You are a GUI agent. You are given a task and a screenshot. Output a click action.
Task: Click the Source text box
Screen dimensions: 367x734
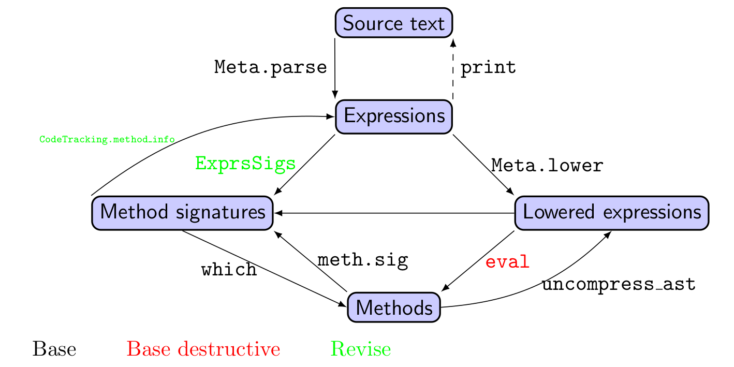tap(394, 23)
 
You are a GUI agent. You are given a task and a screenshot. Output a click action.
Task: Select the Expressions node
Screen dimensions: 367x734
tap(394, 116)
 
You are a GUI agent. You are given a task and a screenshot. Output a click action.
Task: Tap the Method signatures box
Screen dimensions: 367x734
tap(182, 212)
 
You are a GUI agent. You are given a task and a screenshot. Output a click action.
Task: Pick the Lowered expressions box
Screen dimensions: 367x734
tap(611, 212)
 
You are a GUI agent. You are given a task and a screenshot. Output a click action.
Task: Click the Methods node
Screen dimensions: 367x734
tap(394, 307)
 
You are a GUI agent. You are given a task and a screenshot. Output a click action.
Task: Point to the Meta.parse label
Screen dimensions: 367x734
tap(271, 67)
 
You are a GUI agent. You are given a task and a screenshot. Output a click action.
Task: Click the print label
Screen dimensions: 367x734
tap(488, 67)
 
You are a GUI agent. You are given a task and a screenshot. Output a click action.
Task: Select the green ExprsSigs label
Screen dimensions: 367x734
tap(245, 164)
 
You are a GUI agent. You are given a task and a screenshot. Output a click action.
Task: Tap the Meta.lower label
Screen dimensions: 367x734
tap(547, 166)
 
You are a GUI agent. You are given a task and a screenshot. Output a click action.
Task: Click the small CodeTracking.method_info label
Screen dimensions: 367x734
tap(107, 139)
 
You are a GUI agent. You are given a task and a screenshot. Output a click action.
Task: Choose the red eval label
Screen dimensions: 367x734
tap(507, 262)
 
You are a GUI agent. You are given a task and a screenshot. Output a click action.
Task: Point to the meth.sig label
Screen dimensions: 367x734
tap(362, 260)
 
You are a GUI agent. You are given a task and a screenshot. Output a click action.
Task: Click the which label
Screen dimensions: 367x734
tap(229, 270)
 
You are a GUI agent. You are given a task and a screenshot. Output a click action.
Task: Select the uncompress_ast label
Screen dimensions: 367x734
tap(619, 284)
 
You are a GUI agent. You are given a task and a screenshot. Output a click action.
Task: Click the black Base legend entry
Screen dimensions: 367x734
tap(54, 349)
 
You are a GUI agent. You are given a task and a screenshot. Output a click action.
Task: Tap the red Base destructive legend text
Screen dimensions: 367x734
tap(203, 349)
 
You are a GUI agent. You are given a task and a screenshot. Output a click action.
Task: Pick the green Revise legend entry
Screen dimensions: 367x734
tap(361, 349)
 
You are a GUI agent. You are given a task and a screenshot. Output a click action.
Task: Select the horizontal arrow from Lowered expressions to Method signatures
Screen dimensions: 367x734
tap(393, 213)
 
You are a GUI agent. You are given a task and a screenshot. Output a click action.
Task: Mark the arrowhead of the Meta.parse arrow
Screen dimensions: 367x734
tap(335, 95)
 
